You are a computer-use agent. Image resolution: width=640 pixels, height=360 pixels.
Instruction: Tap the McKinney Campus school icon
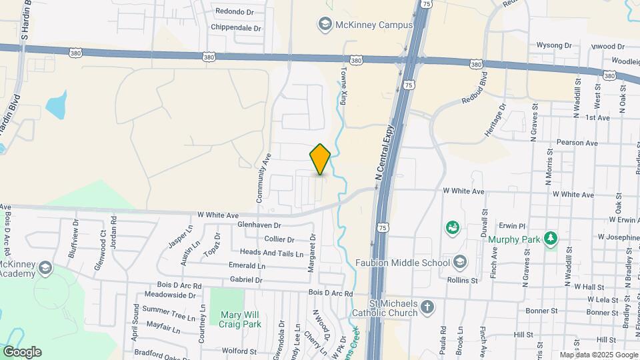coord(325,25)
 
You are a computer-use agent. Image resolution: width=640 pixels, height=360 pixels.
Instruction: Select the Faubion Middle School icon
coord(459,262)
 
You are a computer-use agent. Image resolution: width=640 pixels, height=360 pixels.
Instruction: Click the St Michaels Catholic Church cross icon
coord(427,308)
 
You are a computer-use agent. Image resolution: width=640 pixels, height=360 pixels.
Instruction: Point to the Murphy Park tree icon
coord(550,238)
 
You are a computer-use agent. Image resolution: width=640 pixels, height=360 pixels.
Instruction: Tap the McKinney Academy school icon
coord(45,268)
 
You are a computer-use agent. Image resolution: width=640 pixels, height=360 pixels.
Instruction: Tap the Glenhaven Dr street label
coord(259,226)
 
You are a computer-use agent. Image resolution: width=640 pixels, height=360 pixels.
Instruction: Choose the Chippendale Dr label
coord(236,28)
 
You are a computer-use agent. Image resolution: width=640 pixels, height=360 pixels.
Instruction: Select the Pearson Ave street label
coord(577,143)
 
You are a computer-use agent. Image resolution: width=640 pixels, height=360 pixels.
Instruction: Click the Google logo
coord(22,351)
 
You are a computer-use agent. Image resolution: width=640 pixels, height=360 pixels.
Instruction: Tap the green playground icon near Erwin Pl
coord(453,228)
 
